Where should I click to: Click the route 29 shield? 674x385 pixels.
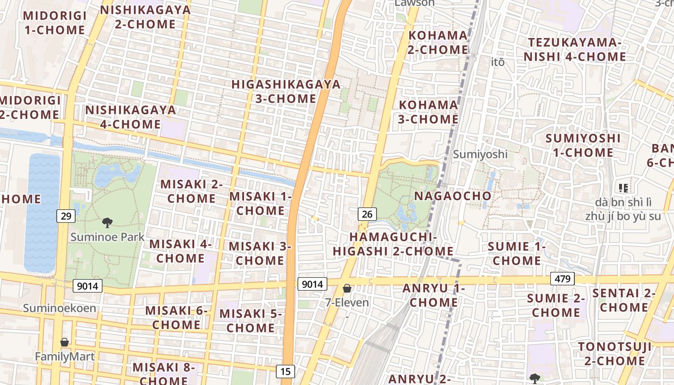[66, 216]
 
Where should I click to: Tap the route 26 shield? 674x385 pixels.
[367, 214]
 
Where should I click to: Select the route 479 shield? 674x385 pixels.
[562, 279]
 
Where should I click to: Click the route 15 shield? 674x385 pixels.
[285, 371]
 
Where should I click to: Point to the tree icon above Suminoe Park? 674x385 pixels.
[107, 223]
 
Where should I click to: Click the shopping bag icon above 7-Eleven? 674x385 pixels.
[347, 289]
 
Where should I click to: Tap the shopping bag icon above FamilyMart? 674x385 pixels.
[65, 342]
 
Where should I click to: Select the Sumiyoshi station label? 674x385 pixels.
[480, 154]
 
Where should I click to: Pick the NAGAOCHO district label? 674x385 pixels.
[453, 196]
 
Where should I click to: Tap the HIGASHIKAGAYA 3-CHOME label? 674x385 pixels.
[286, 91]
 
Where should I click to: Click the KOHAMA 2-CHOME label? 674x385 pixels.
[438, 42]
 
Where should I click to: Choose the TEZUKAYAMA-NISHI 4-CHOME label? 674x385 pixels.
[575, 50]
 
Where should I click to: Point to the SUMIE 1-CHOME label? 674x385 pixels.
[517, 254]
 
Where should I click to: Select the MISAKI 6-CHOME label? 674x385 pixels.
[176, 318]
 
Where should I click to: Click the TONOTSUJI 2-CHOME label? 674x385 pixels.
[615, 354]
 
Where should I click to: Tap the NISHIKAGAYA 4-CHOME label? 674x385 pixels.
[130, 117]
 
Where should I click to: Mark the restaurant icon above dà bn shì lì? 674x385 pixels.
[623, 188]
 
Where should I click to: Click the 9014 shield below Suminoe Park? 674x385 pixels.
[88, 286]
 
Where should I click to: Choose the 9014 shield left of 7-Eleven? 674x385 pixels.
[312, 284]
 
